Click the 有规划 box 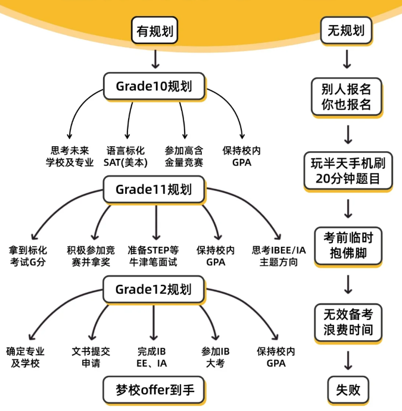pos(155,32)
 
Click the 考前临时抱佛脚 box pos(348,245)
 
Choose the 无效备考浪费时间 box pos(348,322)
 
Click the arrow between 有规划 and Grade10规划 pos(155,58)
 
